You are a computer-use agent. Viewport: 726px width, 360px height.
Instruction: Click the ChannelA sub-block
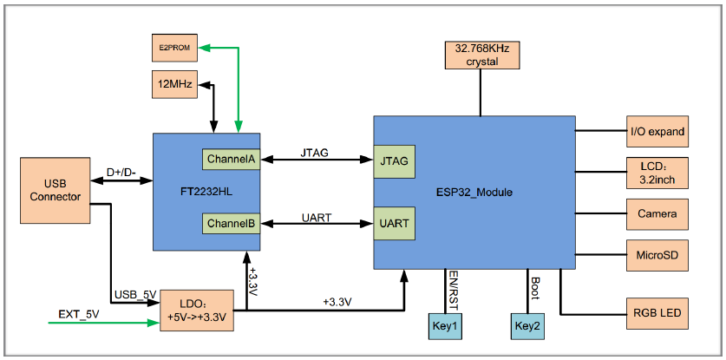[x=231, y=159]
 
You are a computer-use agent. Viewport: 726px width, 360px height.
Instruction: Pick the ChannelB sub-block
[x=231, y=224]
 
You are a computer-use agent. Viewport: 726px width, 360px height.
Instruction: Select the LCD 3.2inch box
[x=657, y=173]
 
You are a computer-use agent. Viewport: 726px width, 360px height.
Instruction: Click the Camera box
[x=657, y=213]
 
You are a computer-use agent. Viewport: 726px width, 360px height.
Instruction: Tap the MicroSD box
[x=657, y=256]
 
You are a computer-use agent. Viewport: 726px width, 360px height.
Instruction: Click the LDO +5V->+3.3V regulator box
[x=196, y=310]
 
